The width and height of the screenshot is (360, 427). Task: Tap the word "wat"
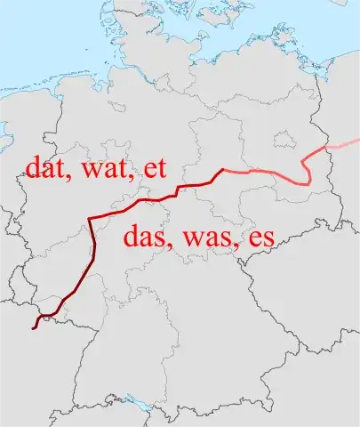pos(100,169)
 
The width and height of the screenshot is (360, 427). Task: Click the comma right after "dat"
pos(69,178)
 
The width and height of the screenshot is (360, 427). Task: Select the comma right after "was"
pos(234,248)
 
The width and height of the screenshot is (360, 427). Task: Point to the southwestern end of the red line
pos(34,328)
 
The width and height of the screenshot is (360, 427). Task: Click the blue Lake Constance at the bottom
pos(134,412)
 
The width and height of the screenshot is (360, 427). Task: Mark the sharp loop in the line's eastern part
pos(308,174)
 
